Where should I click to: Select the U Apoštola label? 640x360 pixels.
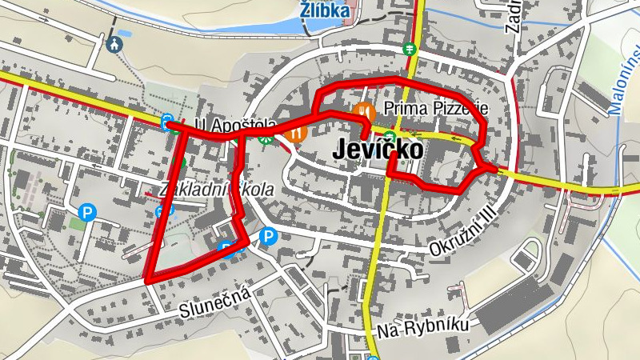[x=237, y=126]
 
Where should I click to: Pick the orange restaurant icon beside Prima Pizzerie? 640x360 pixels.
[x=363, y=110]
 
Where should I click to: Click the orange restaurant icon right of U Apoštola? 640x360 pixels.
[x=297, y=131]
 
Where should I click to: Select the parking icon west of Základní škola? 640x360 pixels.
[x=87, y=213]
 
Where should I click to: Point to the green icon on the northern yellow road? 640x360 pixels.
[x=410, y=49]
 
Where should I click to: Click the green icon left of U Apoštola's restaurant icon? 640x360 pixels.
[x=270, y=138]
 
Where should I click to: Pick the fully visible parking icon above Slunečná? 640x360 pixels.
[x=268, y=236]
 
